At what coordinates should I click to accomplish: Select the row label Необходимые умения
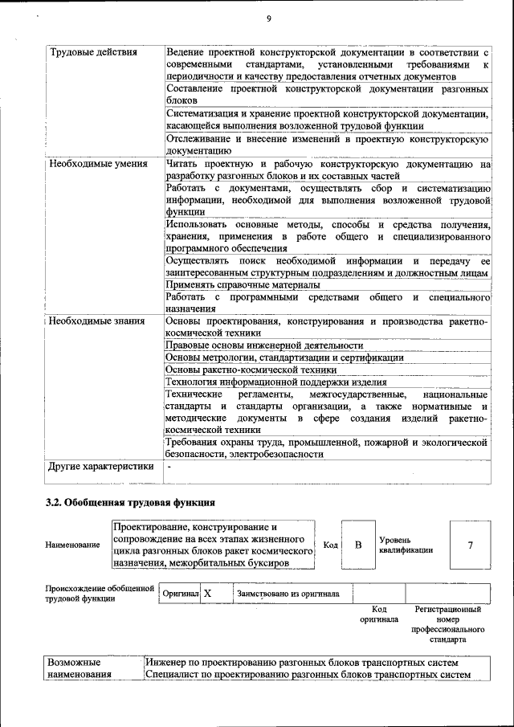coord(99,165)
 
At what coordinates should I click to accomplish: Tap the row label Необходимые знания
coord(97,322)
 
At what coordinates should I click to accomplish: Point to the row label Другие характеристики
coord(100,466)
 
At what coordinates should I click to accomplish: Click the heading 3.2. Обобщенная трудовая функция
coord(129,503)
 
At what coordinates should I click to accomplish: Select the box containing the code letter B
coord(358,545)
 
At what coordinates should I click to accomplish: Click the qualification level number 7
coord(470,545)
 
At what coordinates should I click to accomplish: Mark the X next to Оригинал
coord(207,594)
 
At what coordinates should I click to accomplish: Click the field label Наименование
coord(73,545)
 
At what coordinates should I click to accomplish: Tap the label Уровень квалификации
coord(406,545)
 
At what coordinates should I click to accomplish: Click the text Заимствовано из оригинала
coord(288,594)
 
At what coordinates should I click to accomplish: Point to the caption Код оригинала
coord(379,615)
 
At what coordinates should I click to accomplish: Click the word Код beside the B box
coord(329,545)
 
